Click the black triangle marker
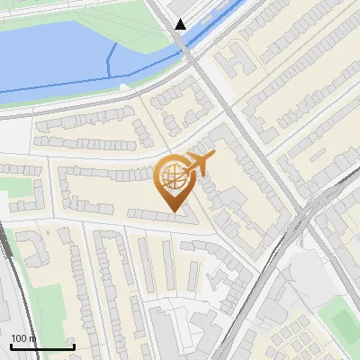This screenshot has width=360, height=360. (182, 24)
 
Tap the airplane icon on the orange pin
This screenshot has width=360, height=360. (196, 164)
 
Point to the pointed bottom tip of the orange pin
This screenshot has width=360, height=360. (174, 213)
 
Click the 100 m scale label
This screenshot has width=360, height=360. (22, 338)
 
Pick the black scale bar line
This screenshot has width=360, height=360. (42, 346)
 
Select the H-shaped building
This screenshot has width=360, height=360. (236, 61)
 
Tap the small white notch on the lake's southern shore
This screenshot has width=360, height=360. (124, 85)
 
